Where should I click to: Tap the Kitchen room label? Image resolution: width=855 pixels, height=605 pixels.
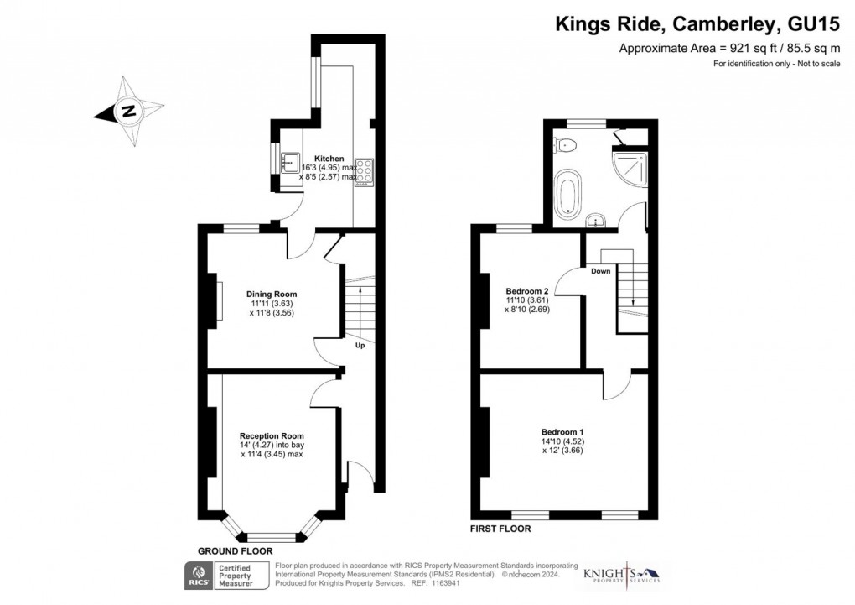point(329,159)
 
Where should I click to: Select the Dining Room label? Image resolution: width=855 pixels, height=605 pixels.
point(272,294)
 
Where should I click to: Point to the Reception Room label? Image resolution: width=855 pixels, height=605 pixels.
point(271,436)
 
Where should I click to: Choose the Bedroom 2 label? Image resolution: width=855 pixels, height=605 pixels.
point(526,291)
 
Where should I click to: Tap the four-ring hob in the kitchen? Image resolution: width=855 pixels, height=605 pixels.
point(365,170)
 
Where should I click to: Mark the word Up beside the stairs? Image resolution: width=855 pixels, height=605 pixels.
point(360,346)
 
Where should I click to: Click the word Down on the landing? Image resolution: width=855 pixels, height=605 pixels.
point(600,272)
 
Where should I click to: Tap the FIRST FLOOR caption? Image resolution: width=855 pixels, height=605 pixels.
point(501,529)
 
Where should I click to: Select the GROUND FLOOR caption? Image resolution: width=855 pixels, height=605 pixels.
point(235,550)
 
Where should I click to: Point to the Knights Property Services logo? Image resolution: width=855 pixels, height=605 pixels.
point(621,572)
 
